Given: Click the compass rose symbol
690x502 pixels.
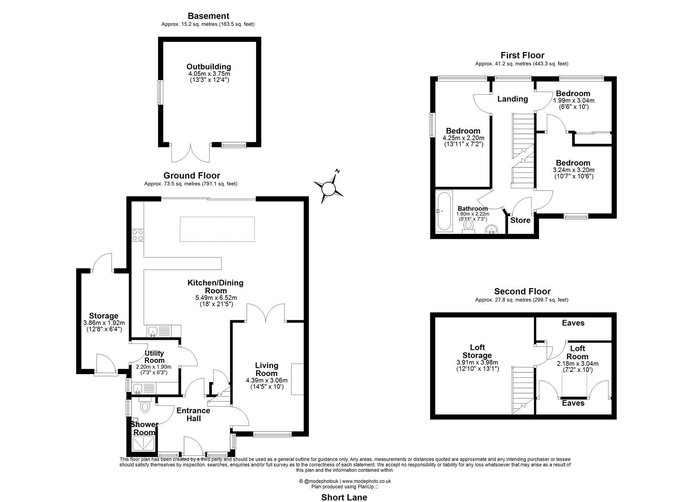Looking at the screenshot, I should [x=329, y=188].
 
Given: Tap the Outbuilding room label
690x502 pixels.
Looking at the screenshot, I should [x=209, y=67].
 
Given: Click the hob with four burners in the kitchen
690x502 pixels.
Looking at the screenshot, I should [x=138, y=235].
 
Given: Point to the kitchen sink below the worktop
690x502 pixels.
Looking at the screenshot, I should [x=153, y=331].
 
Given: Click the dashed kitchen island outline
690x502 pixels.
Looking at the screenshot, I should [x=217, y=229].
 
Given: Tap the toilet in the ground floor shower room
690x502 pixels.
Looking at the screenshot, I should [x=145, y=406].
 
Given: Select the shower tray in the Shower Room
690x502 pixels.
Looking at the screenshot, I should [x=144, y=444].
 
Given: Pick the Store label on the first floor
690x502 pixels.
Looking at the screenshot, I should [x=520, y=220].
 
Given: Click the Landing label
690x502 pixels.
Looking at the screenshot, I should [x=512, y=99].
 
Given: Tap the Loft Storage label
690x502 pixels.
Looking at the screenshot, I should [x=477, y=351].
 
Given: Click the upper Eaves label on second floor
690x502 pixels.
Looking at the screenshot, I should [x=573, y=323].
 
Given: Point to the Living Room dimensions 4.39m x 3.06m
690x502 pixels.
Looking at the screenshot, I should [x=267, y=380].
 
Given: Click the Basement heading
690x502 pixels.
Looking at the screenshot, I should [x=208, y=16].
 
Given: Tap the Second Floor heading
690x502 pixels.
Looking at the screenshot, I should [x=522, y=292].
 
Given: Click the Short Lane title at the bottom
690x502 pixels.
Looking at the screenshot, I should [x=344, y=497].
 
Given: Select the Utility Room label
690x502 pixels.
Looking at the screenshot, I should [x=154, y=357].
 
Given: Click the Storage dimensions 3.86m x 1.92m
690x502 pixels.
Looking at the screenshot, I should [x=104, y=323].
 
